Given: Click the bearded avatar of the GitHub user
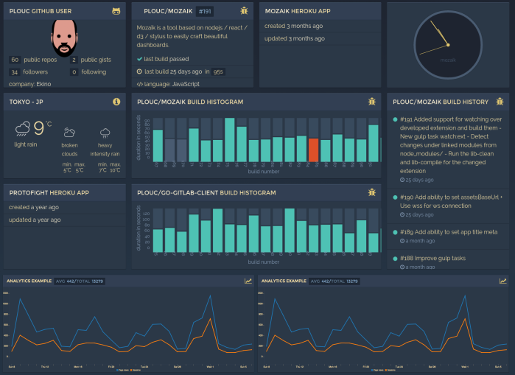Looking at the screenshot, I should tap(66, 37).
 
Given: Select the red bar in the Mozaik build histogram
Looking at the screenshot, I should tap(314, 150).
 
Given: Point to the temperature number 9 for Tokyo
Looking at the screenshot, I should tap(39, 130).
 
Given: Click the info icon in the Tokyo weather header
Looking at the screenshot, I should tap(116, 102).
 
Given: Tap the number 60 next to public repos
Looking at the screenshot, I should tap(15, 60).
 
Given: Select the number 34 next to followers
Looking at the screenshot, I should tap(15, 72).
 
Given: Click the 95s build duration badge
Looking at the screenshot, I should tap(218, 71).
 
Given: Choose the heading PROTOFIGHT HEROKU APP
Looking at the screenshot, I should tap(49, 193).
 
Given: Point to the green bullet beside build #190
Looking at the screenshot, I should tap(396, 199).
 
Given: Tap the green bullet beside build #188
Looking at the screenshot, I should tap(396, 259).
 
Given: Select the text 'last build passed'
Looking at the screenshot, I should tap(167, 59).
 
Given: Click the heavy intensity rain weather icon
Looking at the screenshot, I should tap(105, 133).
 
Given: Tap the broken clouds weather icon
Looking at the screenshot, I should tap(69, 133).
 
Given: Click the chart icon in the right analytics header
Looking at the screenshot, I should tap(503, 281).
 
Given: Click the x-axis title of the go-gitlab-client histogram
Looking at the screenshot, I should tap(263, 262).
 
